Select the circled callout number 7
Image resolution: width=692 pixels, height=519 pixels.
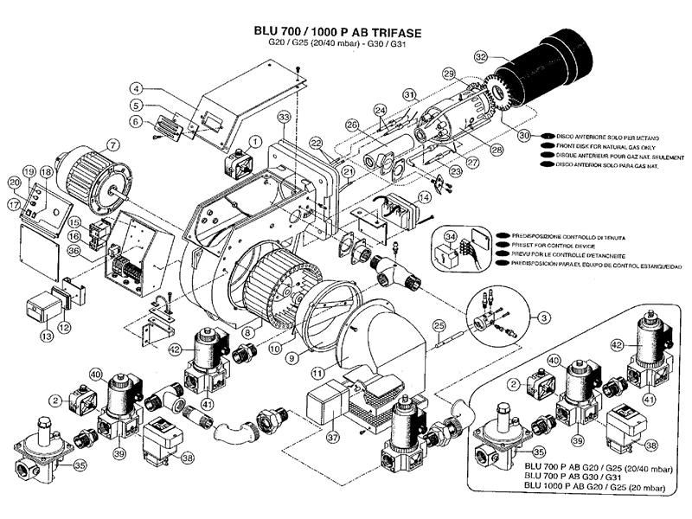pyautogui.click(x=113, y=144)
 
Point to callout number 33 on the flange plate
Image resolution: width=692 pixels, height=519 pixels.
pyautogui.click(x=283, y=117)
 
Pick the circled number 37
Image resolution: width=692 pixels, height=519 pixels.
pyautogui.click(x=333, y=438)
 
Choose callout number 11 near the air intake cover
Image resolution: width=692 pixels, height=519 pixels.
pyautogui.click(x=318, y=372)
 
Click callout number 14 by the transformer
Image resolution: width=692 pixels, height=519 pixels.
pyautogui.click(x=424, y=198)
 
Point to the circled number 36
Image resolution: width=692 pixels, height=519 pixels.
pyautogui.click(x=74, y=252)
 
